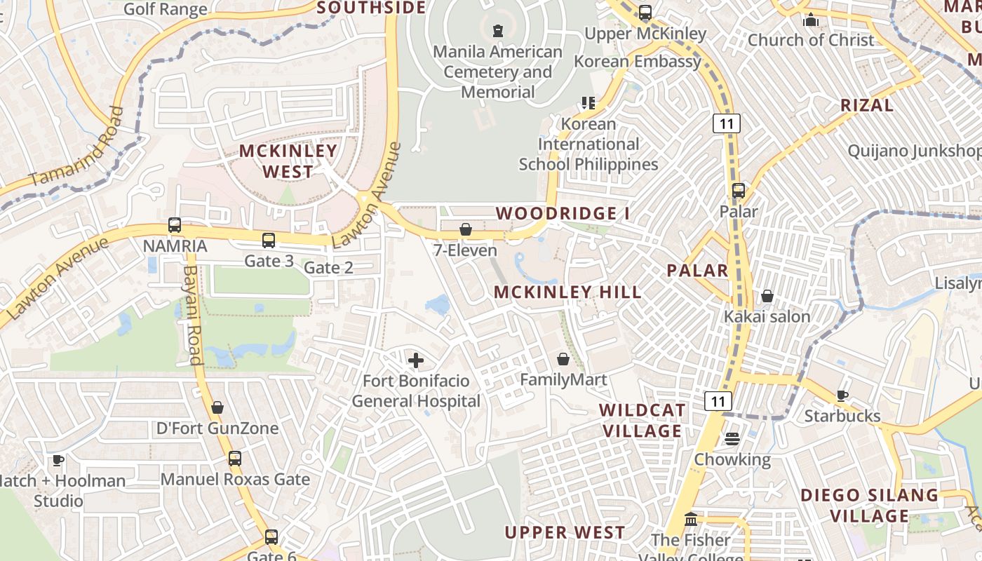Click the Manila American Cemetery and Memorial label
498,72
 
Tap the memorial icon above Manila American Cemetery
498,31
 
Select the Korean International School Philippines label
588,144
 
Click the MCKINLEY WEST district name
288,161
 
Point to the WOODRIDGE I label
563,213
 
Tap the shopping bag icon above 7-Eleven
465,229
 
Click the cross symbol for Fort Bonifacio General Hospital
416,361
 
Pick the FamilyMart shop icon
563,360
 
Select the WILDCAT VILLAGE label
642,420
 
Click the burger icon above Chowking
732,439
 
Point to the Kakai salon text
767,316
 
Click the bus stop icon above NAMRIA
175,225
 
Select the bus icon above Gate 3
269,241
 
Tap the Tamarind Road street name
77,147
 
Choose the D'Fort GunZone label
217,428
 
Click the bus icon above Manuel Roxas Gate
235,459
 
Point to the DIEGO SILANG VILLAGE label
869,505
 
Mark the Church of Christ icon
811,20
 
